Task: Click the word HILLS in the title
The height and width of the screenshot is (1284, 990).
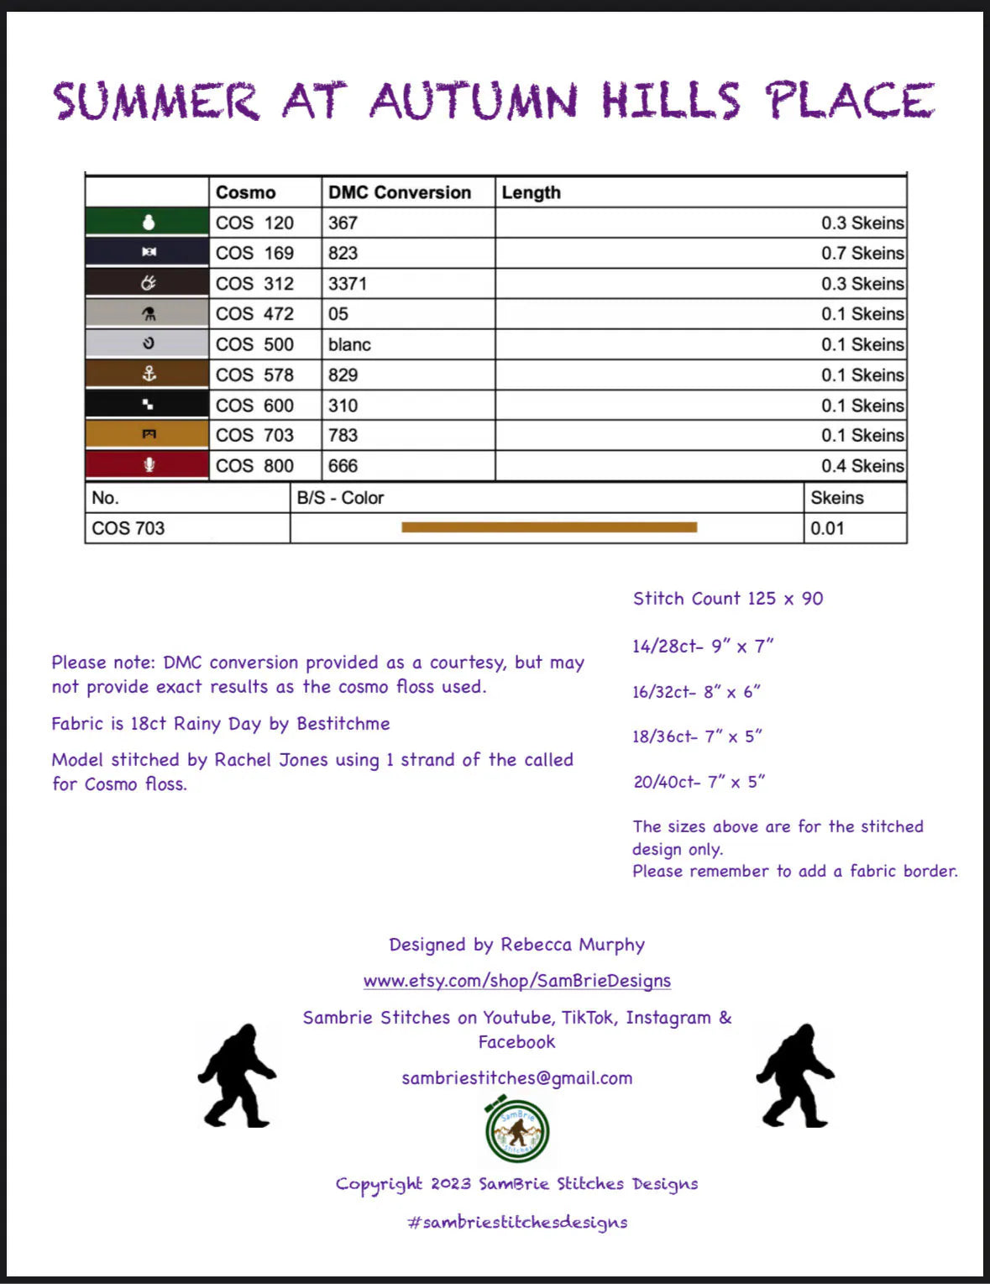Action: point(670,101)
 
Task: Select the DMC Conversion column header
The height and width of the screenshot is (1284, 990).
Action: point(399,192)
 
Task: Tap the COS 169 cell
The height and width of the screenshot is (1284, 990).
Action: point(254,253)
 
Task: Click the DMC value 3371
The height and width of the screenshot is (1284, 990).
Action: point(348,284)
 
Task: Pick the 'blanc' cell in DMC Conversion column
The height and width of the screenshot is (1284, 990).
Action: point(349,344)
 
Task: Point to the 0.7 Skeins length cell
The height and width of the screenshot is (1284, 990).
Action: point(862,253)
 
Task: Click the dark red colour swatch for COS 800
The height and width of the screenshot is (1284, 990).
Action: point(148,465)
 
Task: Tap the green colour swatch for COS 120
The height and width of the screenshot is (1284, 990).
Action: point(148,223)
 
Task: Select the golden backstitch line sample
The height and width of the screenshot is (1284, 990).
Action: point(549,527)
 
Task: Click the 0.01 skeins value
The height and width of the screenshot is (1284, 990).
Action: point(827,528)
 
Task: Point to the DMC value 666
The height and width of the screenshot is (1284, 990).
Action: point(343,466)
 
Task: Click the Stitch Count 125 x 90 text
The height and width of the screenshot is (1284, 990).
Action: point(728,599)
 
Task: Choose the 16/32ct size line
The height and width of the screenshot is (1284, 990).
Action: point(696,692)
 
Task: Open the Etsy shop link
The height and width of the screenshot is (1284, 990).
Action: point(516,981)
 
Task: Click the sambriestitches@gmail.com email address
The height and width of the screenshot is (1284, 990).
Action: point(516,1078)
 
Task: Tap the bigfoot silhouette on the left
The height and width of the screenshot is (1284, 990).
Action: point(236,1075)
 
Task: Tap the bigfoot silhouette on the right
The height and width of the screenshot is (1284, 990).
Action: point(794,1075)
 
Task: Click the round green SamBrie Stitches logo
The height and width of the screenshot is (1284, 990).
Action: point(517,1130)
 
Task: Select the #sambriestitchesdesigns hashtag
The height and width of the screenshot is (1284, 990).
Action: point(517,1223)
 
